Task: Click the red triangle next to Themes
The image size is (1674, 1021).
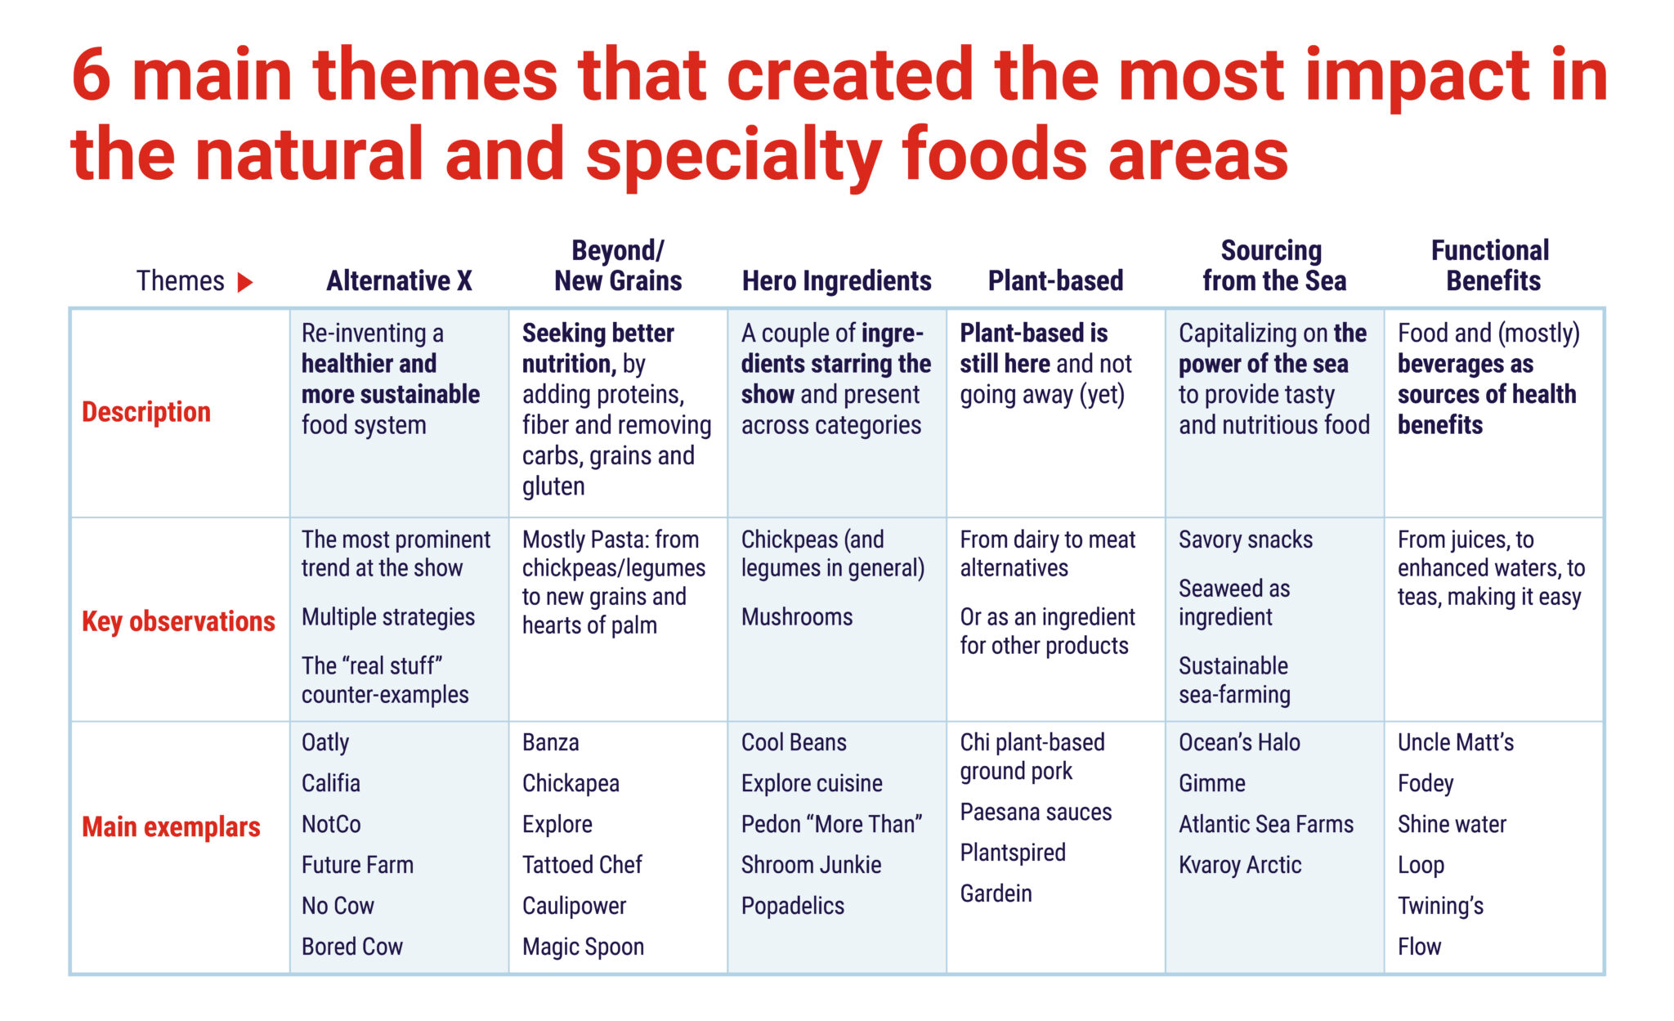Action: [244, 283]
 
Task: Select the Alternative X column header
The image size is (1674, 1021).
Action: [399, 281]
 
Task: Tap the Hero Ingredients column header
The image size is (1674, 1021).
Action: [836, 281]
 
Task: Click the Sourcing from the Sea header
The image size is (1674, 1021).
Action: [1273, 266]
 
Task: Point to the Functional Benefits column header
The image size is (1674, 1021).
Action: [1492, 266]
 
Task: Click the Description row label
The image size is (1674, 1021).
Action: [146, 412]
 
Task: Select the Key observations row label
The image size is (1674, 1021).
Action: [178, 621]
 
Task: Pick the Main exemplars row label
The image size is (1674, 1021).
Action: [171, 826]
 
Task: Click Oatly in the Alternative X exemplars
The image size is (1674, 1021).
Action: [325, 742]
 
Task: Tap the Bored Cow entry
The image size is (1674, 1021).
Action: [352, 947]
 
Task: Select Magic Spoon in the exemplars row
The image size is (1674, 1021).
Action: [583, 947]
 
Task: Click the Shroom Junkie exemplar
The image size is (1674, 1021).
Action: [811, 865]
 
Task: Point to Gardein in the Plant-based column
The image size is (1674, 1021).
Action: [996, 893]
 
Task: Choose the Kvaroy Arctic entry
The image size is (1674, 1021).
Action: [1240, 865]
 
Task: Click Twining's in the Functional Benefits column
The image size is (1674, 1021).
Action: [1440, 906]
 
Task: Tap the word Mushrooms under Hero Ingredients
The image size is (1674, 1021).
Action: [797, 617]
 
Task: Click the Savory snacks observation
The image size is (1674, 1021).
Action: [1246, 540]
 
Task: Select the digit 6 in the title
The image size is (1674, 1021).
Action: [91, 75]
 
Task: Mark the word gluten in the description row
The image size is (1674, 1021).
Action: [553, 486]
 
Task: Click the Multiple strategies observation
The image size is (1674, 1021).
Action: [388, 617]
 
